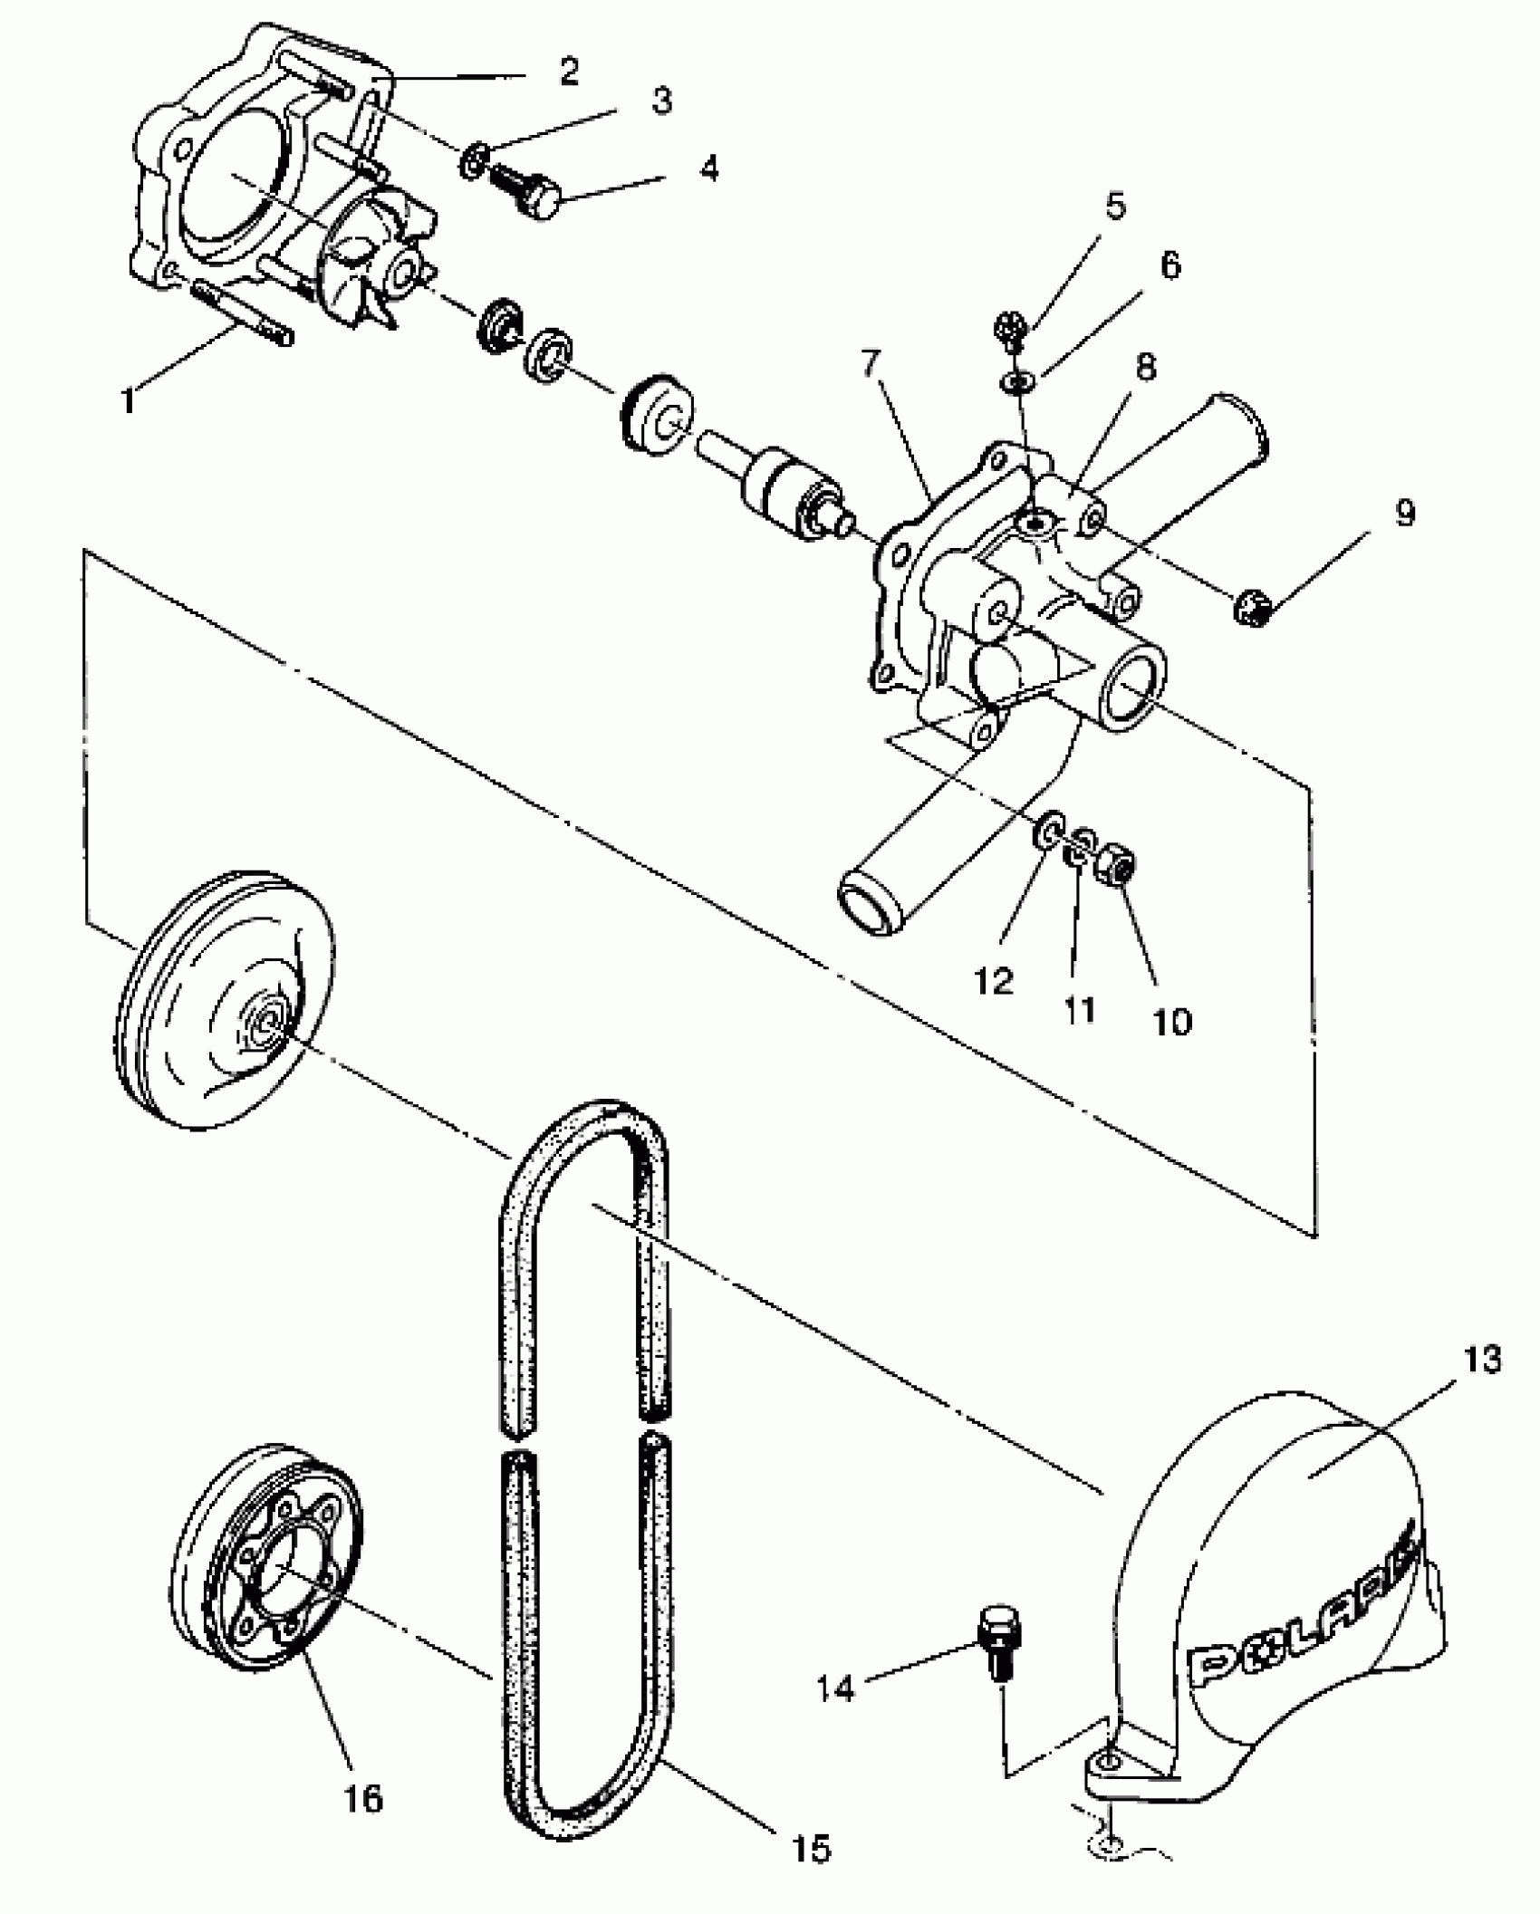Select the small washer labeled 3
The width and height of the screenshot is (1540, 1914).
pyautogui.click(x=471, y=161)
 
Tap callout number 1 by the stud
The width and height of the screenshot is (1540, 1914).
pyautogui.click(x=130, y=399)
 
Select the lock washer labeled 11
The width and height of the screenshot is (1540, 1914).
pyautogui.click(x=1078, y=848)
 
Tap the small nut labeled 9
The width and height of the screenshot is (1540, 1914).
pyautogui.click(x=1253, y=604)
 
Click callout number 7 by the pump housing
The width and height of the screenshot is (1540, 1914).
pyautogui.click(x=871, y=362)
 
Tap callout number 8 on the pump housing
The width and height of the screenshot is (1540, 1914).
pyautogui.click(x=1146, y=367)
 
